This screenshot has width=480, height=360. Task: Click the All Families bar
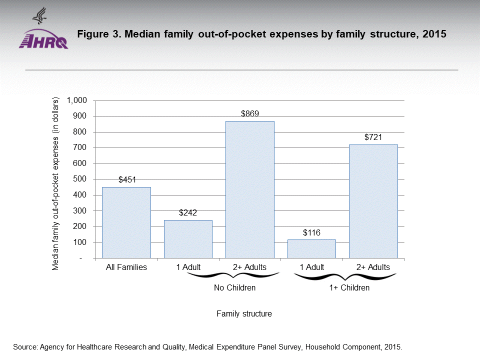pyautogui.click(x=126, y=222)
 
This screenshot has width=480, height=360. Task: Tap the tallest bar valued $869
pyautogui.click(x=249, y=189)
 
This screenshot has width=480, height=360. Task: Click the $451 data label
pyautogui.click(x=127, y=179)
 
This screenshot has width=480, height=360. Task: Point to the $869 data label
pyautogui.click(x=249, y=113)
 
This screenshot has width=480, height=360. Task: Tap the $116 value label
pyautogui.click(x=311, y=232)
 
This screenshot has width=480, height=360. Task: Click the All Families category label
pyautogui.click(x=126, y=267)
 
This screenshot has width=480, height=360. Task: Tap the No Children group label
pyautogui.click(x=234, y=288)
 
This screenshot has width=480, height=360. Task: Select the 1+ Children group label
pyautogui.click(x=349, y=288)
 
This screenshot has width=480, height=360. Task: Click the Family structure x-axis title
pyautogui.click(x=244, y=314)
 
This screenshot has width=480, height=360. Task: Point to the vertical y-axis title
pyautogui.click(x=56, y=183)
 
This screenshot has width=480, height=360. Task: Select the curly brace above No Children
pyautogui.click(x=234, y=276)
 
